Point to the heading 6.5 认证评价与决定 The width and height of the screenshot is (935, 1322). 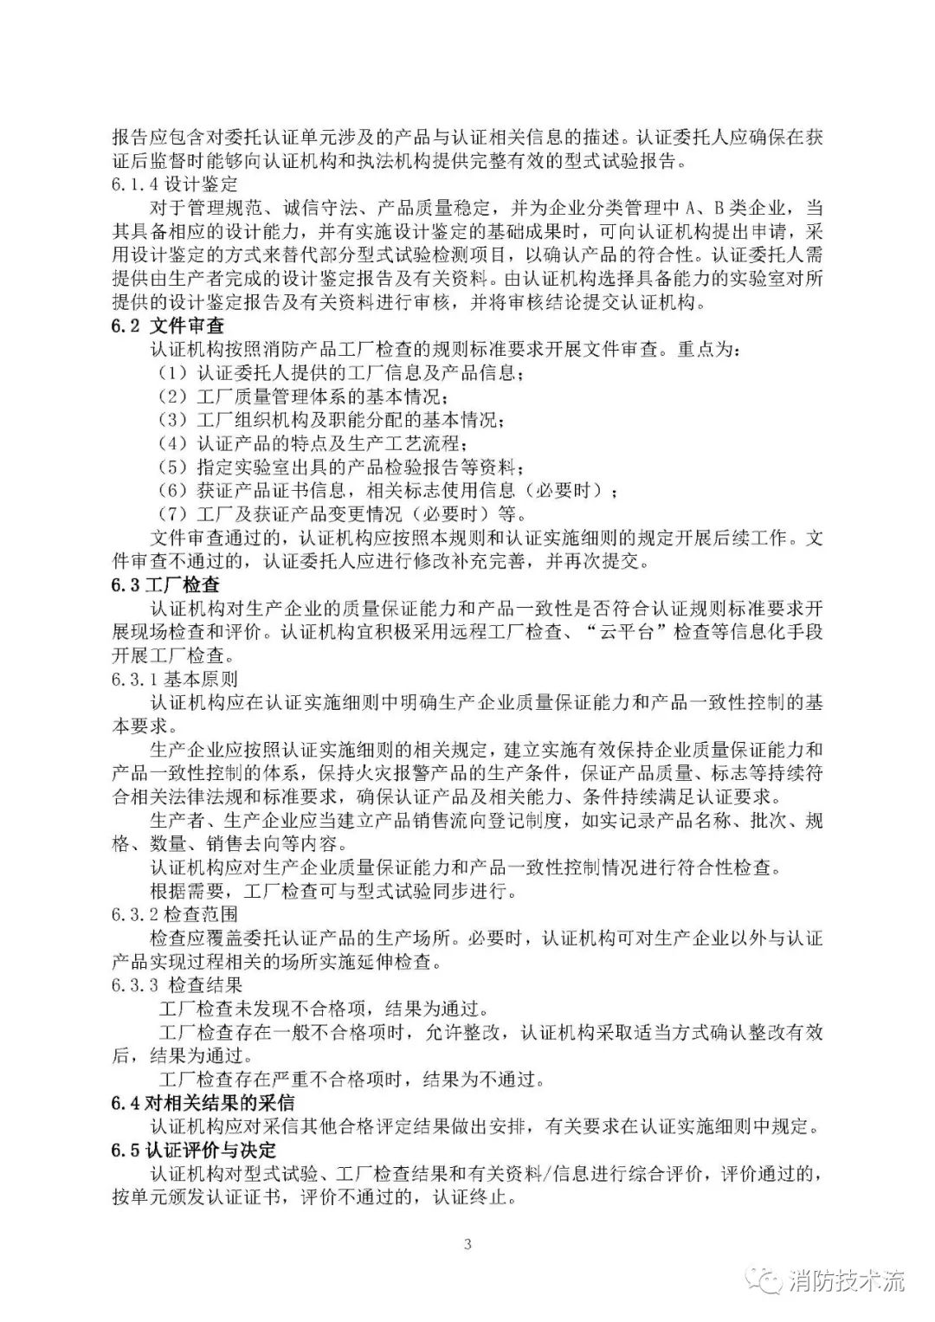pyautogui.click(x=194, y=1149)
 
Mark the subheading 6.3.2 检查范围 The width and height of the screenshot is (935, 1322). pyautogui.click(x=174, y=914)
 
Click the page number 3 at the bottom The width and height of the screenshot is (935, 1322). pyautogui.click(x=467, y=1245)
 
